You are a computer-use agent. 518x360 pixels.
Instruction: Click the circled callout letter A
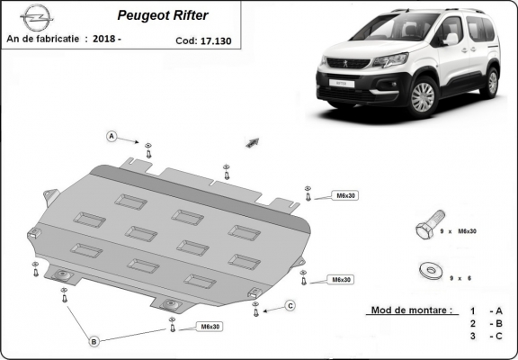[112, 136]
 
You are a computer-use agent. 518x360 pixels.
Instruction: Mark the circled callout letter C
[290, 306]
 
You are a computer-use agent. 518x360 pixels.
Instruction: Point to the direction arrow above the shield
[252, 142]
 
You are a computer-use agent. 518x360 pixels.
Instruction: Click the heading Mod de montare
[410, 310]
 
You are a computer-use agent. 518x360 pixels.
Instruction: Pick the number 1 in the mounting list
[471, 310]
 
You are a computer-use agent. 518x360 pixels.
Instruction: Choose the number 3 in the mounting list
[471, 337]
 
